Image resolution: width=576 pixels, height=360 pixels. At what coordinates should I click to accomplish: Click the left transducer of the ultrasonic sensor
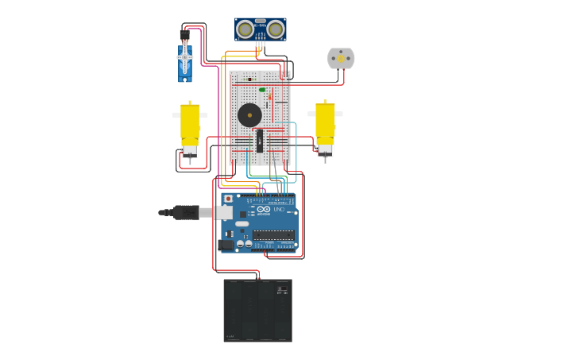245,29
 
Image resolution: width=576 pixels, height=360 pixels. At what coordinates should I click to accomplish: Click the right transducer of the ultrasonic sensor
275,29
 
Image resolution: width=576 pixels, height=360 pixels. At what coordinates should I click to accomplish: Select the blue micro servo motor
185,64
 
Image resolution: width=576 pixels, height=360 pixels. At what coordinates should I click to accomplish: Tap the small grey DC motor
341,58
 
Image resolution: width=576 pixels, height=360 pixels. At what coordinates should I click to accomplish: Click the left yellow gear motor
190,126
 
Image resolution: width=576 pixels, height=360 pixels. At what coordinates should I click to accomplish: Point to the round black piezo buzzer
249,114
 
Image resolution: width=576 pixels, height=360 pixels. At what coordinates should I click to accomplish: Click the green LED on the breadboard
262,90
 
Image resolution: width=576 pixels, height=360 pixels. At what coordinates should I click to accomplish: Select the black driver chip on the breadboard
260,140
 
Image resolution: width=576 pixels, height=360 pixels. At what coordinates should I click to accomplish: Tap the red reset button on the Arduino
228,199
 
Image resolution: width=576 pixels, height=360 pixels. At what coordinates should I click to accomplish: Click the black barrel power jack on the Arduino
226,245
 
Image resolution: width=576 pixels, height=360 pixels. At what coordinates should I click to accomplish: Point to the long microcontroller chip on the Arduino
273,234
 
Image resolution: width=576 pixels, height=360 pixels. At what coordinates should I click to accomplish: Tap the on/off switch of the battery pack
280,291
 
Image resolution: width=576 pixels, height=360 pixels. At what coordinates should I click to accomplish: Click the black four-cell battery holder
257,312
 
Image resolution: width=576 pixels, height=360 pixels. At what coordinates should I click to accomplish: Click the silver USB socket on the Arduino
224,212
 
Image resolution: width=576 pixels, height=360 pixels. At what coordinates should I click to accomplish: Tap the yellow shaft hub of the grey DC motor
342,57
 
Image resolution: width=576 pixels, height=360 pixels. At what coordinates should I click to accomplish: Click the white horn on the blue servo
185,58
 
